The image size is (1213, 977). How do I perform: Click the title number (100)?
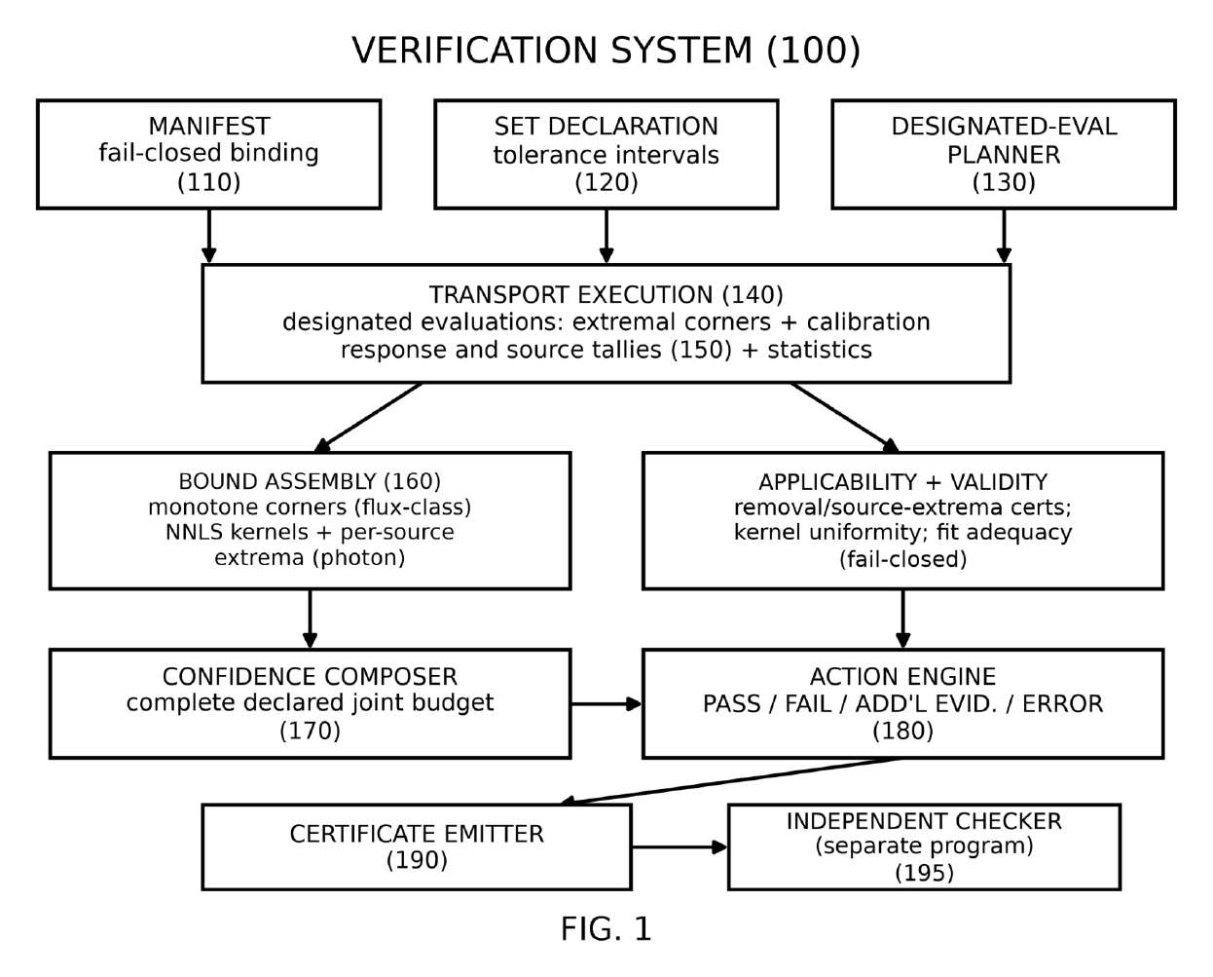[813, 51]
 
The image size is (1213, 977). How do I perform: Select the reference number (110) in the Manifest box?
[208, 182]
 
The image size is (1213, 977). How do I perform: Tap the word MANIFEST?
[209, 127]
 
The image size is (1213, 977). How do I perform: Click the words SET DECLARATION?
[606, 127]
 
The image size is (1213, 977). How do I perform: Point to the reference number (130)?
[1004, 182]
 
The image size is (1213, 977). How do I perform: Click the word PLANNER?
[1004, 155]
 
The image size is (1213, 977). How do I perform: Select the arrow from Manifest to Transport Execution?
[209, 236]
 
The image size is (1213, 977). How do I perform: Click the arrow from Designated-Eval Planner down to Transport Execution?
[1004, 236]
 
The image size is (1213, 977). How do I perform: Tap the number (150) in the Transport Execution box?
[701, 350]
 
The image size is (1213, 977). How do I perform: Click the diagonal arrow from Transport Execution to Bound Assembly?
[368, 418]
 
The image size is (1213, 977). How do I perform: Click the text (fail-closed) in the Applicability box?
[902, 559]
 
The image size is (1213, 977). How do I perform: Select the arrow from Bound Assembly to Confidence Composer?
[310, 620]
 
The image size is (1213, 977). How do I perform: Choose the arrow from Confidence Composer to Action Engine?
[606, 704]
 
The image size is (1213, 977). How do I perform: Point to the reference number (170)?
[310, 732]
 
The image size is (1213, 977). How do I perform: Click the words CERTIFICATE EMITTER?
[417, 834]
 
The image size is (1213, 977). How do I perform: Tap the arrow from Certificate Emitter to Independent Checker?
[680, 846]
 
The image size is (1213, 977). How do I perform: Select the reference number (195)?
[924, 873]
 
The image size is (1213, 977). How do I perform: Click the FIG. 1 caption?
[606, 928]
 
